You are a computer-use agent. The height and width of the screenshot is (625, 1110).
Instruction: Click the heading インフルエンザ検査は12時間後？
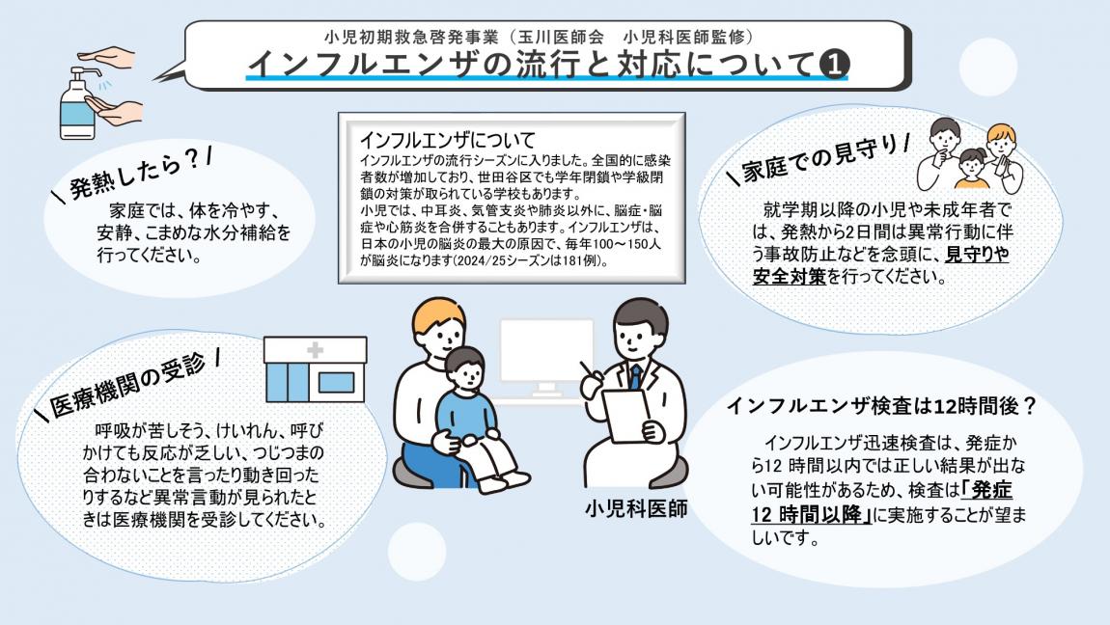[880, 406]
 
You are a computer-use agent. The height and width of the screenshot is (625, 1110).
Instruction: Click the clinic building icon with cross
[315, 368]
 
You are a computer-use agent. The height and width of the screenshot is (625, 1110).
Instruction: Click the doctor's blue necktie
[635, 377]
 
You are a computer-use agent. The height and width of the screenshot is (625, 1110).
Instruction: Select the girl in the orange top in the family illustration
[971, 168]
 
